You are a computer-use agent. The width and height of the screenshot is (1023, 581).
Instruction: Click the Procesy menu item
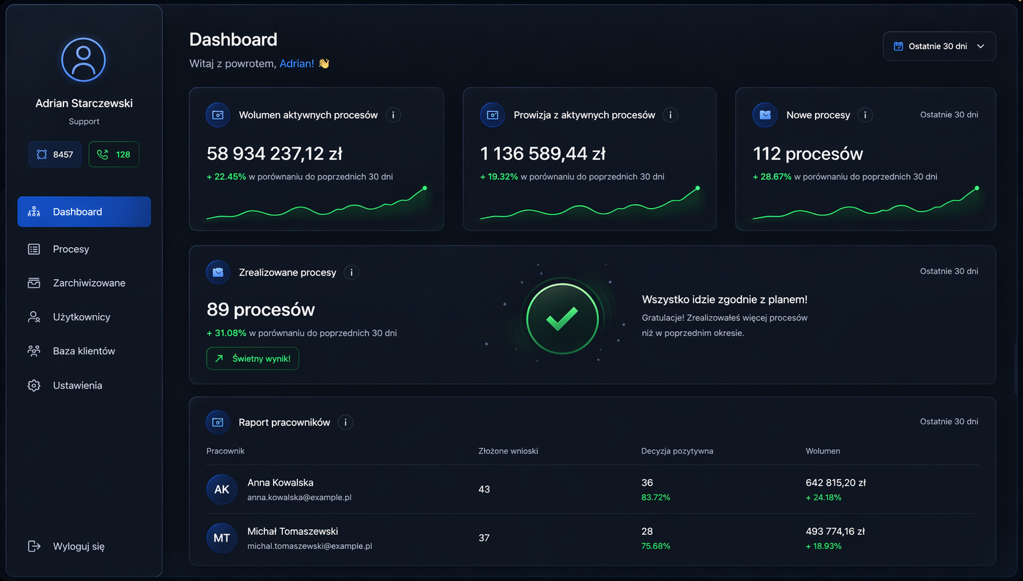click(71, 249)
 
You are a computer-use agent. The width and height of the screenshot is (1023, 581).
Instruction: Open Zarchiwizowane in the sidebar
click(89, 283)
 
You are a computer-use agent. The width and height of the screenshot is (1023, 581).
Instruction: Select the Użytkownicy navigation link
click(81, 317)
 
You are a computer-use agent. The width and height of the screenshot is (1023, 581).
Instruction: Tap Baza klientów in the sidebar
click(84, 351)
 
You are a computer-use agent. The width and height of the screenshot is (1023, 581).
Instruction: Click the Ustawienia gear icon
click(34, 385)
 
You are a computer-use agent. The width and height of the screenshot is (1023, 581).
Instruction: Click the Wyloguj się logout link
click(79, 547)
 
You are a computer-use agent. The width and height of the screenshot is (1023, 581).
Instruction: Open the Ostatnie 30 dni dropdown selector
click(939, 46)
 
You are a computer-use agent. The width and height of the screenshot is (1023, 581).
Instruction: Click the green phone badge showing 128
click(114, 154)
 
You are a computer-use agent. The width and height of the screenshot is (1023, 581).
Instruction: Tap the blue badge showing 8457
click(55, 154)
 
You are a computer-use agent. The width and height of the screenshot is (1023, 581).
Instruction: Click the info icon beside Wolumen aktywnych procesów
click(393, 115)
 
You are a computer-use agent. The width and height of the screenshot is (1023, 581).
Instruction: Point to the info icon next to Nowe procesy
click(865, 115)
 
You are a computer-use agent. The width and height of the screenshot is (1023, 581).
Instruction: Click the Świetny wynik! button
click(253, 358)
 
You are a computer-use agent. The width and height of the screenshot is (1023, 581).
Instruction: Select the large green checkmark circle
click(562, 318)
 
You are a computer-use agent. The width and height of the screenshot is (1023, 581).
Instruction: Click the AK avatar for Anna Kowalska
click(221, 489)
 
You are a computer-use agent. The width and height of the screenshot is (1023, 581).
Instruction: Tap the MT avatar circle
click(221, 537)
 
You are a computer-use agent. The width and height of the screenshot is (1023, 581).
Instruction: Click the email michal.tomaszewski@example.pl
click(309, 546)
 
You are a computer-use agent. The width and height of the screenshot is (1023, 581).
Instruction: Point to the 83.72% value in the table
click(655, 497)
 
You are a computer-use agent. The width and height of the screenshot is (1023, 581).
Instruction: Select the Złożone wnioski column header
click(508, 451)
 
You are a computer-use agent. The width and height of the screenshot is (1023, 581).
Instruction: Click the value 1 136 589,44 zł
click(543, 154)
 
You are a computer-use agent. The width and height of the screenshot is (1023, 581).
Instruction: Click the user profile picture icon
click(84, 60)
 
